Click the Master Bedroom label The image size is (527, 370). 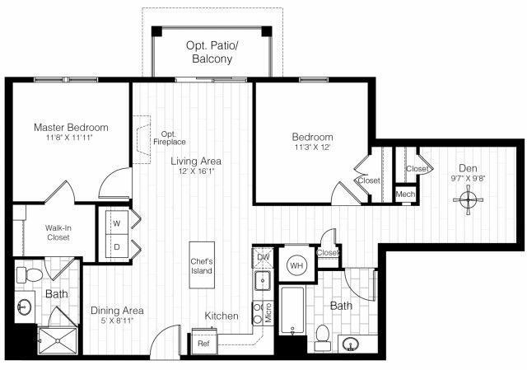pos(70,128)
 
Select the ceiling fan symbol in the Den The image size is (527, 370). pos(468,198)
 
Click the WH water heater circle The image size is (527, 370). pos(296,265)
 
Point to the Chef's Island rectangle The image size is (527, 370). pos(203,265)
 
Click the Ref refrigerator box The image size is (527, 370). pos(203,343)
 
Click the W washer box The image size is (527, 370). pos(116,222)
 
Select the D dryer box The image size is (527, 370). pos(116,245)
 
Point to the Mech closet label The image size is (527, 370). pos(405,194)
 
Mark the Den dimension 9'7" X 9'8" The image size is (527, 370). pos(468,175)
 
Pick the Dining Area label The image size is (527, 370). pos(117,311)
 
